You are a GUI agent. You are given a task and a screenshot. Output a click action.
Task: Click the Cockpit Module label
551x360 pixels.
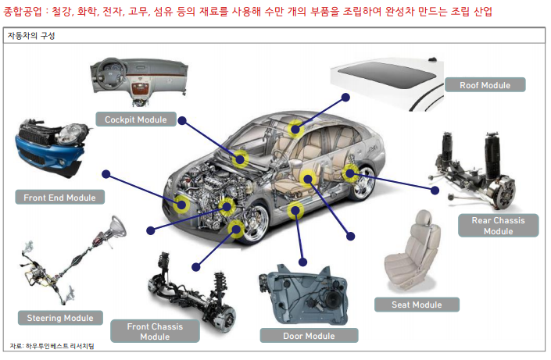[x=136, y=119]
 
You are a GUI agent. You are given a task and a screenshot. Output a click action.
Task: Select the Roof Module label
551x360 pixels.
[x=485, y=85]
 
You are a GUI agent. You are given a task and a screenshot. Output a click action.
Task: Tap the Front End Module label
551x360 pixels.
[x=59, y=198]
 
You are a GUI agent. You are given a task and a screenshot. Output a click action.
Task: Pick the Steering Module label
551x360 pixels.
[x=60, y=318]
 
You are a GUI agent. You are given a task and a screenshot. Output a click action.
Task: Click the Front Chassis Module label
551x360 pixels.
[x=155, y=331]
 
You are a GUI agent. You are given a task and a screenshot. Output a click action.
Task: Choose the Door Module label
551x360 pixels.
[x=309, y=336]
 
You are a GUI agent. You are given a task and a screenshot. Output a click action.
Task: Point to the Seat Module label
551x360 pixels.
[x=417, y=305]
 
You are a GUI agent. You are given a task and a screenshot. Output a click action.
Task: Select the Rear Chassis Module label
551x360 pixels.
[x=499, y=226]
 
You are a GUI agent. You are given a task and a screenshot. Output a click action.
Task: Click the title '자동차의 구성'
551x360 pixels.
[x=31, y=36]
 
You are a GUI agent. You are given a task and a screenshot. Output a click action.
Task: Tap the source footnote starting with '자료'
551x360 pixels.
[x=52, y=346]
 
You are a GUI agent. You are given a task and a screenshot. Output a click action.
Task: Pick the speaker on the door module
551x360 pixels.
[x=331, y=300]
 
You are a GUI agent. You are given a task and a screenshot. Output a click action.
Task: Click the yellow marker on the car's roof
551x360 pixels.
[x=295, y=129]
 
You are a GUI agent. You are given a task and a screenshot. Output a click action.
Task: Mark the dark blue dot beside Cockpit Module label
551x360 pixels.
[x=182, y=121]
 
